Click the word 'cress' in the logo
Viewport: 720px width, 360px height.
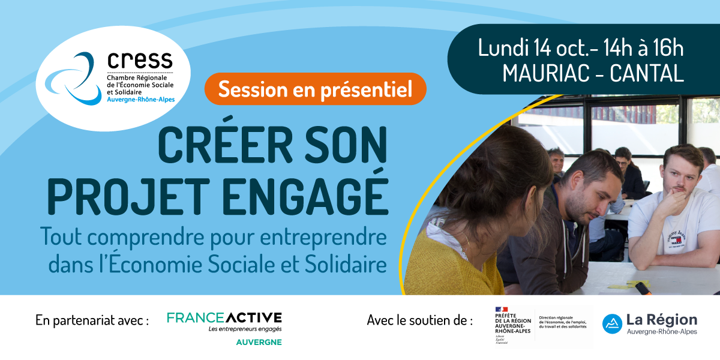[x=140, y=59]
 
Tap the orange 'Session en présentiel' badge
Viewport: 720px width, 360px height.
[x=315, y=89]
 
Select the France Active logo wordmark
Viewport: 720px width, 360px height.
[x=224, y=318]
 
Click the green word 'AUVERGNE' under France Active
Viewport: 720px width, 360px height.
[x=257, y=343]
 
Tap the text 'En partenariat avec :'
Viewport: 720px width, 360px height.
[x=92, y=320]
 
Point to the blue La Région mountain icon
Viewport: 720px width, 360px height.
[x=611, y=323]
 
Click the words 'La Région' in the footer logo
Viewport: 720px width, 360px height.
[x=662, y=320]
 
